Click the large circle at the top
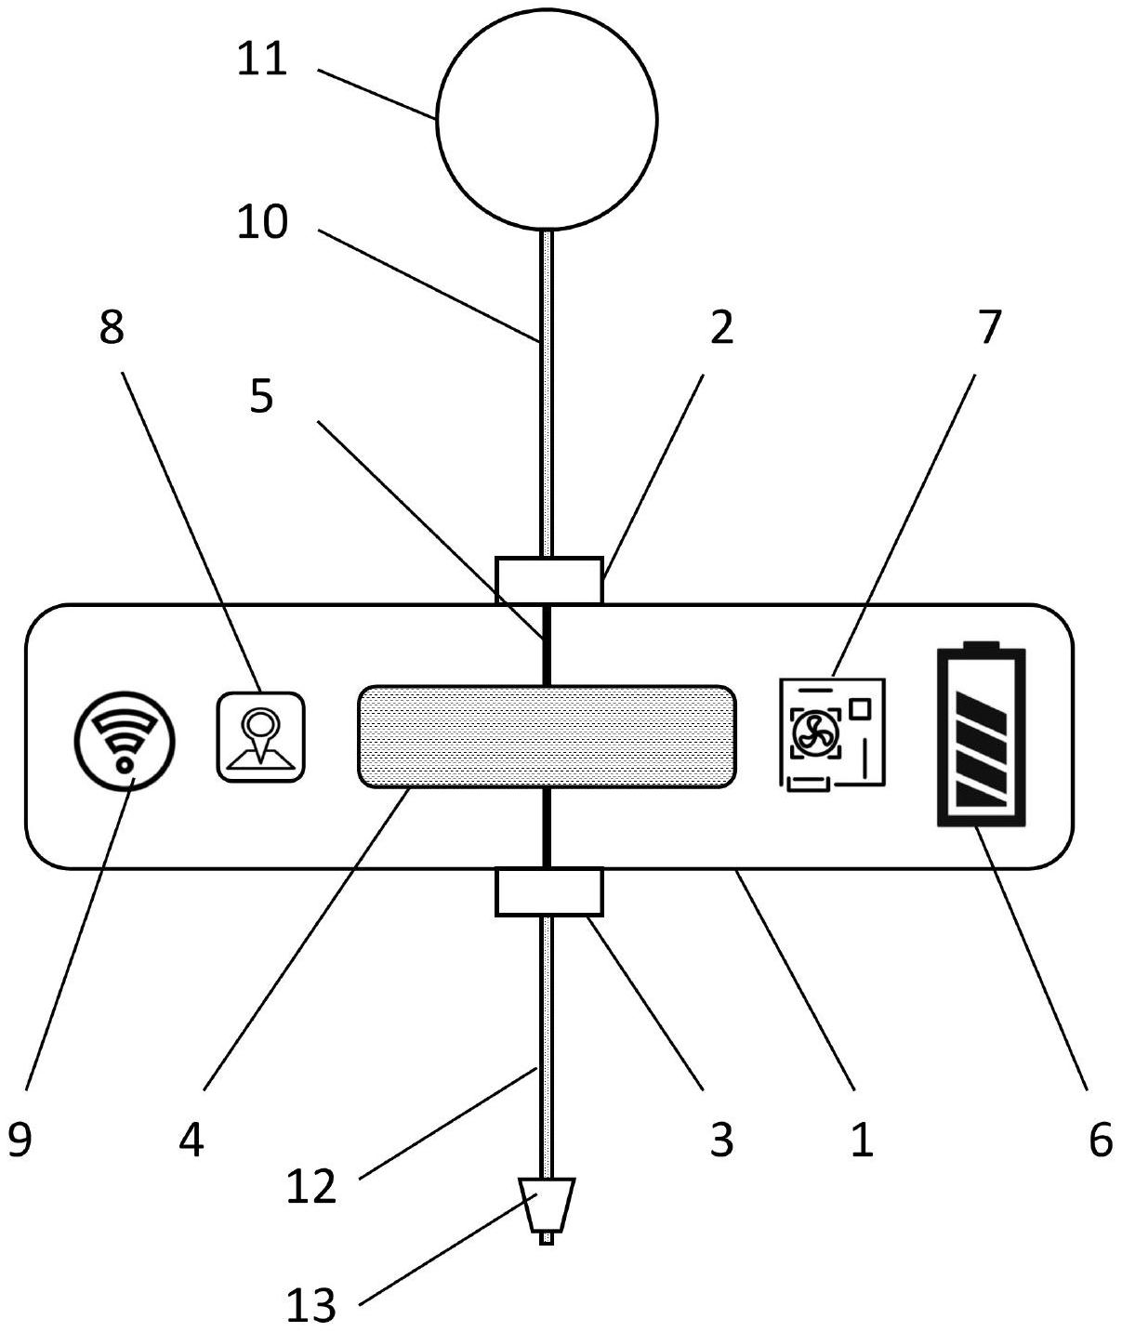pyautogui.click(x=547, y=118)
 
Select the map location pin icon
pyautogui.click(x=260, y=737)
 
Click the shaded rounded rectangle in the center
pyautogui.click(x=547, y=736)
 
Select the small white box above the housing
pyautogui.click(x=548, y=580)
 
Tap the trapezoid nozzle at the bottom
pyautogui.click(x=547, y=1206)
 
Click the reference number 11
pyautogui.click(x=262, y=59)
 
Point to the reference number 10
pyautogui.click(x=262, y=223)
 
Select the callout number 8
pyautogui.click(x=112, y=327)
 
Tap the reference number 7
pyautogui.click(x=988, y=327)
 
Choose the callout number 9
pyautogui.click(x=20, y=1140)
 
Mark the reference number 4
pyautogui.click(x=191, y=1140)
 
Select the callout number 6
pyautogui.click(x=1100, y=1140)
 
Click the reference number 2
pyautogui.click(x=721, y=327)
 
